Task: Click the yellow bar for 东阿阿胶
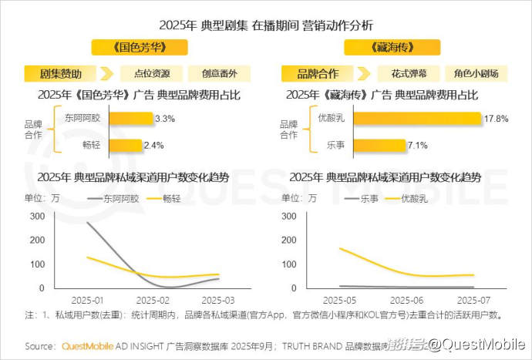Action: (130, 119)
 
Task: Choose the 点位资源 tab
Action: (152, 74)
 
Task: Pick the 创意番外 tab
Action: (220, 74)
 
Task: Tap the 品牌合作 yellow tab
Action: (318, 74)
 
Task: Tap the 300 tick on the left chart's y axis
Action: (36, 216)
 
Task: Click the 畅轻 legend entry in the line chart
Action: (167, 198)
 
